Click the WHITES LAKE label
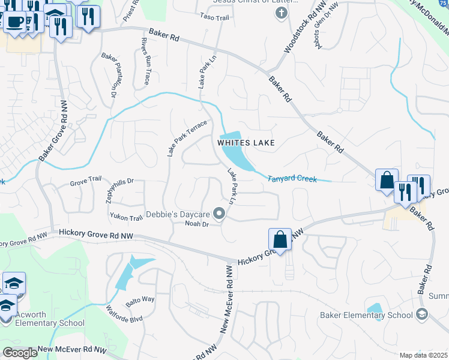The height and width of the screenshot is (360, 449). click(246, 143)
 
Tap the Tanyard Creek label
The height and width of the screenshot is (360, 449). click(292, 179)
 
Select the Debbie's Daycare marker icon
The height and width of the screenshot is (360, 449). click(220, 214)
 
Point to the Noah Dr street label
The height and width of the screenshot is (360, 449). click(196, 224)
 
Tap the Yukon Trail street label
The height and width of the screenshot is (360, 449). click(126, 217)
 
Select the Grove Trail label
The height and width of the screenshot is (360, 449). click(86, 180)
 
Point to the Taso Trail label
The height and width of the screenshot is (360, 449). click(214, 17)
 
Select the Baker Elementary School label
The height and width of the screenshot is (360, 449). click(366, 315)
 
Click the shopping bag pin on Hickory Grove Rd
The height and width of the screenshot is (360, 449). click(280, 240)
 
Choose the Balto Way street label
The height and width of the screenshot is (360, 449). click(140, 299)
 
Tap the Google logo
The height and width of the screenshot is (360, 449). click(20, 353)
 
